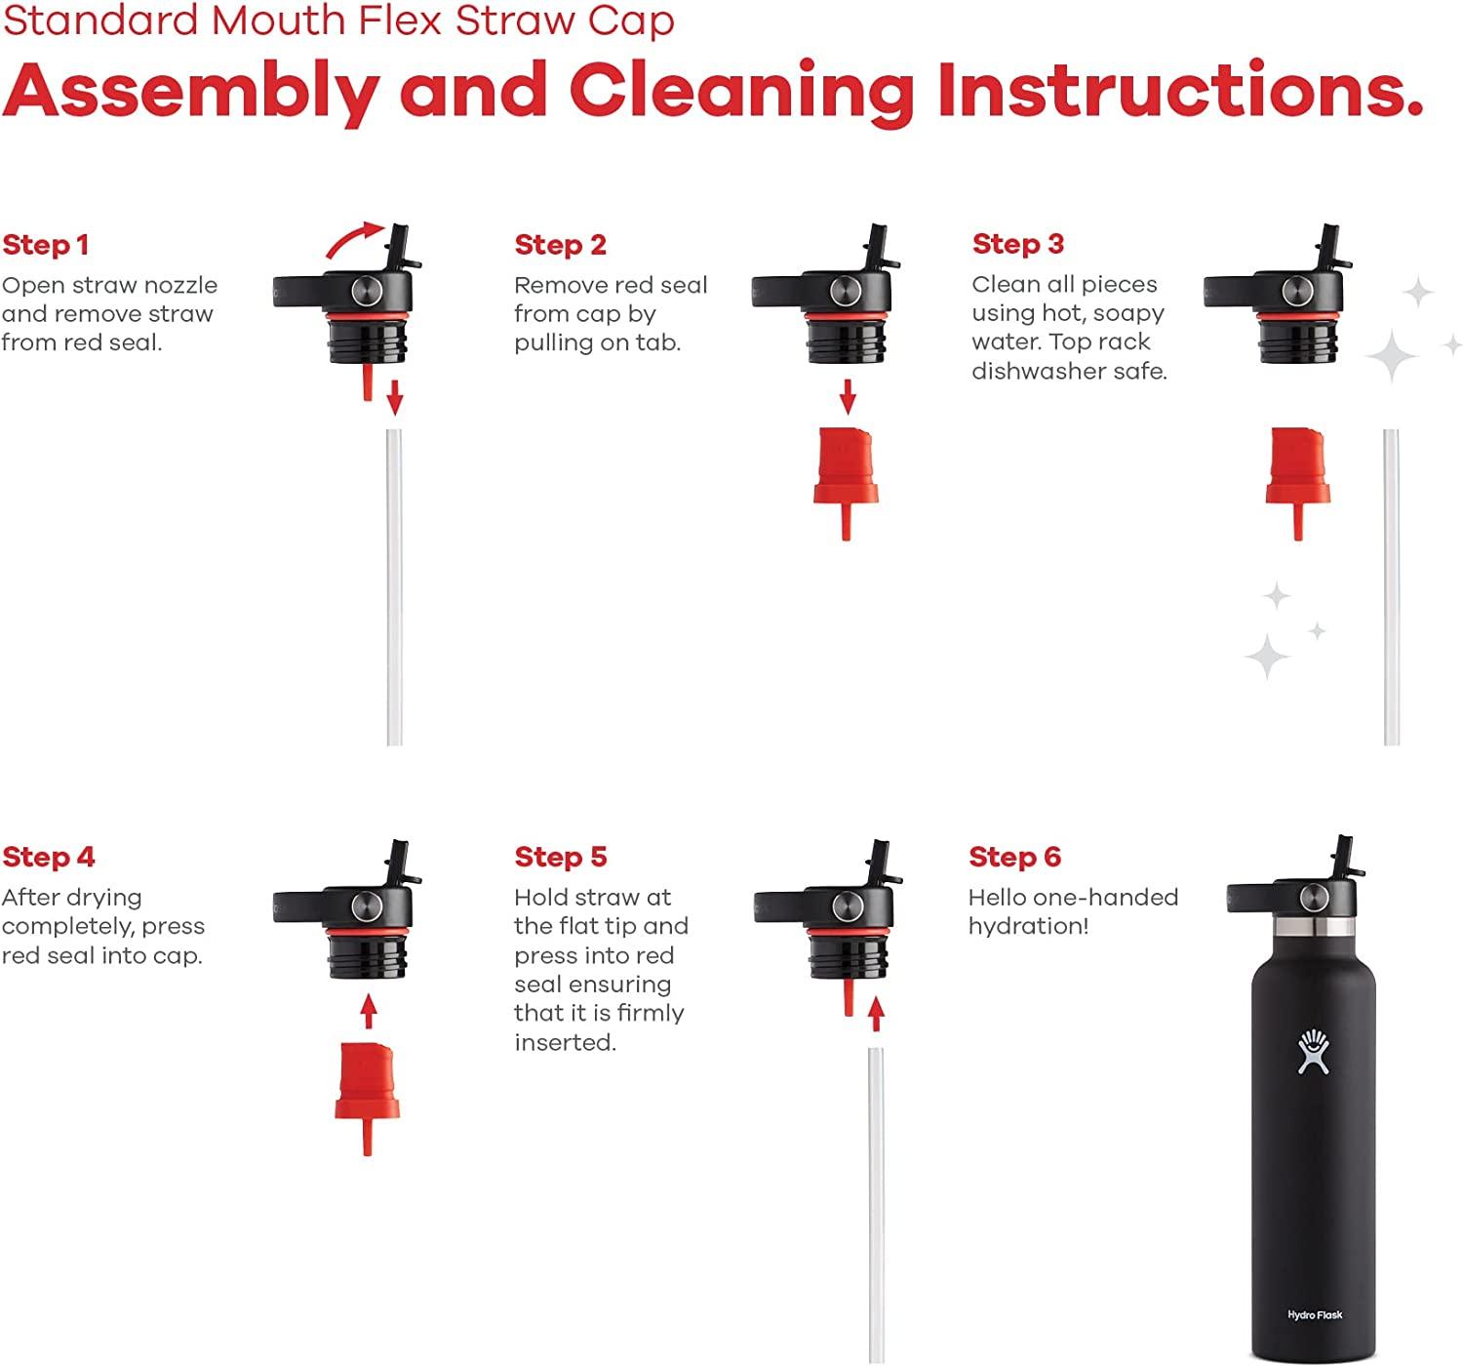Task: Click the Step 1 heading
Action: tap(46, 245)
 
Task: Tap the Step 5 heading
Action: tap(561, 857)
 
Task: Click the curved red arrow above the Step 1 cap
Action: tap(355, 240)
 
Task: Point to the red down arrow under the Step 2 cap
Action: tap(848, 397)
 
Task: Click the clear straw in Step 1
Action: tap(395, 587)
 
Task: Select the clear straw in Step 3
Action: tap(1392, 587)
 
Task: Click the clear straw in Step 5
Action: tap(876, 1205)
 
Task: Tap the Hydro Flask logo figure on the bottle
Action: tap(1314, 1052)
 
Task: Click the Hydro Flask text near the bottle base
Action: tap(1315, 1314)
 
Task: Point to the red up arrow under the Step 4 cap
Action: tap(369, 1011)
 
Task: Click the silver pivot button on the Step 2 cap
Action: tap(846, 291)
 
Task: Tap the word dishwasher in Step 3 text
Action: tap(1040, 371)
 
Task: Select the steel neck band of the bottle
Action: tap(1314, 927)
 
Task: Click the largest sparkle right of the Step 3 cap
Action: tap(1391, 356)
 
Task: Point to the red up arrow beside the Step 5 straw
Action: tap(876, 1014)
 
